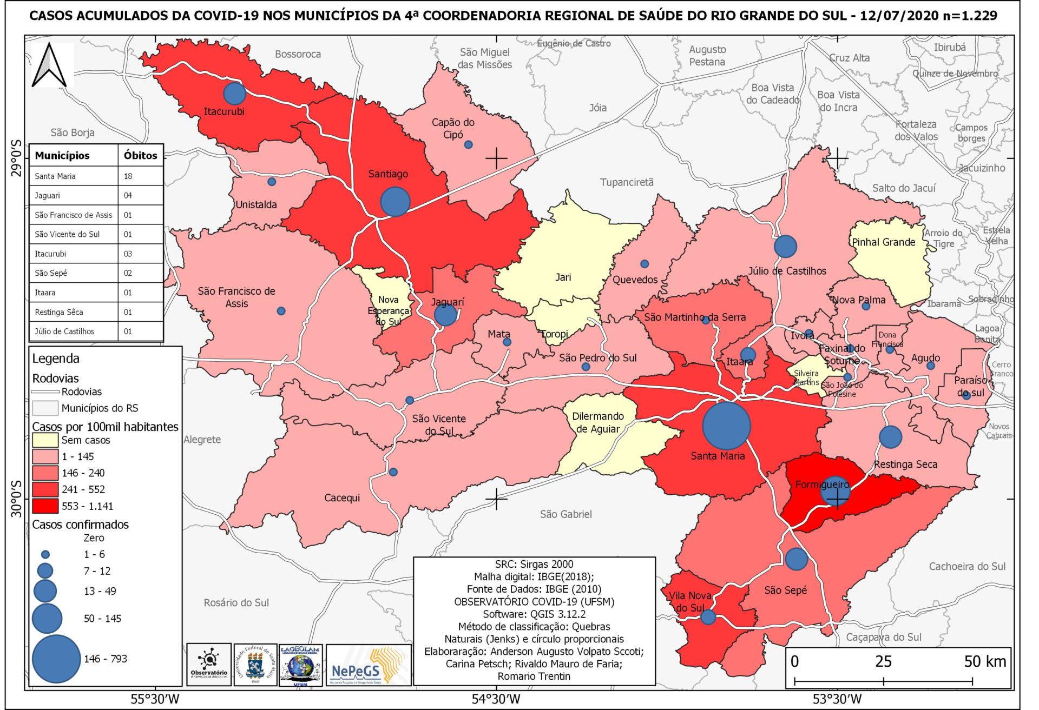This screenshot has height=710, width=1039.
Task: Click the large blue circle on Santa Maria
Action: pyautogui.click(x=726, y=425)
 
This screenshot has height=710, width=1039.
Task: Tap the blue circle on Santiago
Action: pyautogui.click(x=395, y=202)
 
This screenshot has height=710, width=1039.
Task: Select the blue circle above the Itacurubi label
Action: pyautogui.click(x=234, y=94)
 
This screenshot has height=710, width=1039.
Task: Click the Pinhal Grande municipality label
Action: pyautogui.click(x=883, y=242)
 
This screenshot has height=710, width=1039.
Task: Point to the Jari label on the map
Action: pyautogui.click(x=563, y=277)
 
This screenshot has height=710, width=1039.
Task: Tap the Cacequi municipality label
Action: pyautogui.click(x=342, y=497)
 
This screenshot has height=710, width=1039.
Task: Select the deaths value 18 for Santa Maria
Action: pyautogui.click(x=128, y=176)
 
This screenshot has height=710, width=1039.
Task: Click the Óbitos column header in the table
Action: pyautogui.click(x=140, y=156)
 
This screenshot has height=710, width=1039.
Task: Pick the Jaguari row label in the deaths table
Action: pyautogui.click(x=48, y=196)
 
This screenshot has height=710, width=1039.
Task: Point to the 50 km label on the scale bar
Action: pyautogui.click(x=985, y=661)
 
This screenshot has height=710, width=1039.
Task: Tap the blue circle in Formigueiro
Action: pyautogui.click(x=836, y=492)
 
